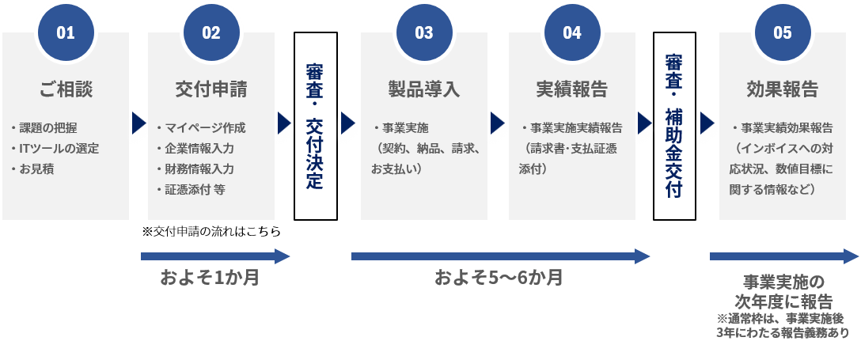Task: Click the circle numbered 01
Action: [x=66, y=32]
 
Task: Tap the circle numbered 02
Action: [x=211, y=32]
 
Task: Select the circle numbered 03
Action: [x=424, y=32]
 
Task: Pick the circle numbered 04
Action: [x=572, y=32]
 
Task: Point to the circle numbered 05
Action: [x=782, y=32]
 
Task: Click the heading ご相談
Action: [x=66, y=89]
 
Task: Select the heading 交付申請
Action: [x=211, y=89]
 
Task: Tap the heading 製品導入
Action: [x=424, y=89]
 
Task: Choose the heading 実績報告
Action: [x=572, y=89]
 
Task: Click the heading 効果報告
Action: [x=782, y=89]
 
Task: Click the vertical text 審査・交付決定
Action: [x=314, y=127]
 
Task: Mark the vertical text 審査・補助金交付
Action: [x=674, y=127]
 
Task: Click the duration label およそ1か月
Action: [x=210, y=278]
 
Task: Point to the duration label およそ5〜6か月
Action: [x=499, y=278]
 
